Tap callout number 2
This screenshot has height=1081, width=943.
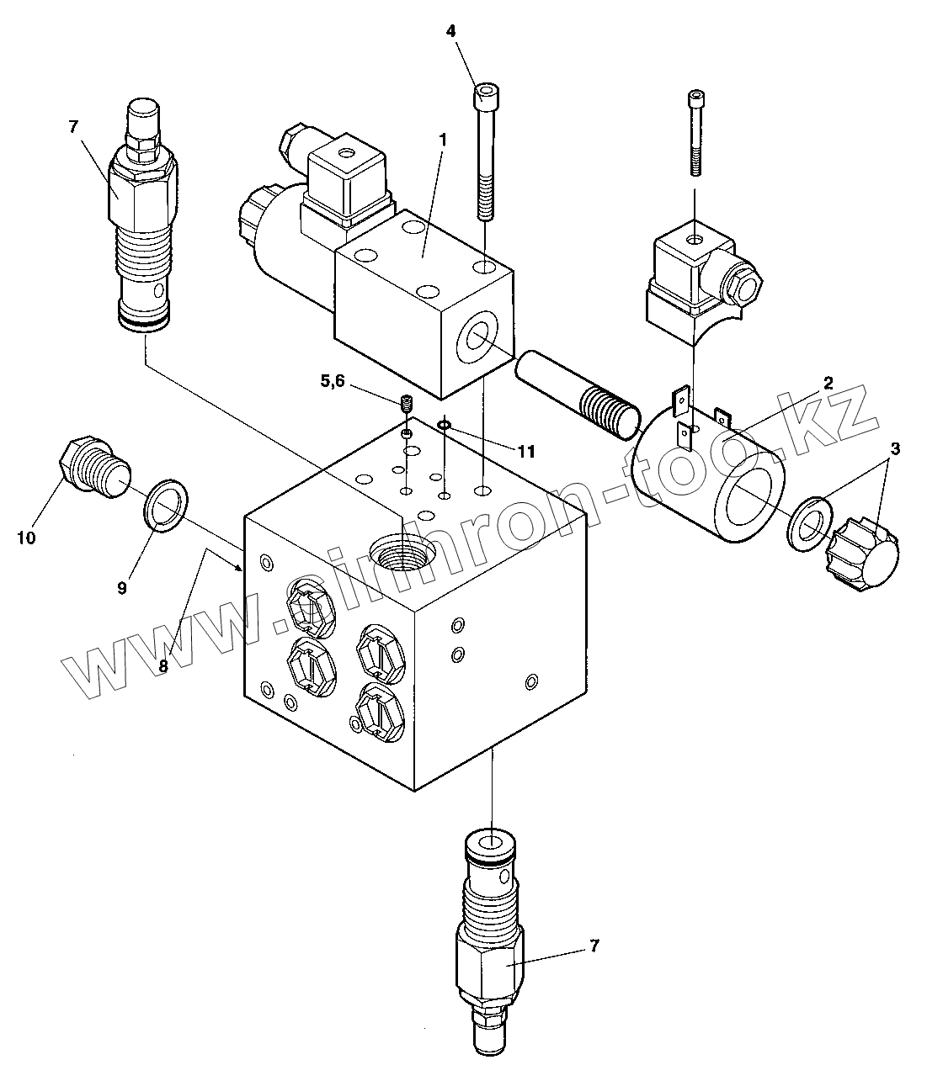(828, 383)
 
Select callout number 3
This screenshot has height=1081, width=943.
(894, 449)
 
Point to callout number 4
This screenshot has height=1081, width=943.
(450, 31)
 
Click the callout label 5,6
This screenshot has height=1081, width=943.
(333, 381)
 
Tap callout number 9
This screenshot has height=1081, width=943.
(122, 588)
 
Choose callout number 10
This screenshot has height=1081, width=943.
(26, 537)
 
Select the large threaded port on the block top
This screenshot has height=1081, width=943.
(406, 555)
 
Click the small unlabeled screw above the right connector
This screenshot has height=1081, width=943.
(695, 132)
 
